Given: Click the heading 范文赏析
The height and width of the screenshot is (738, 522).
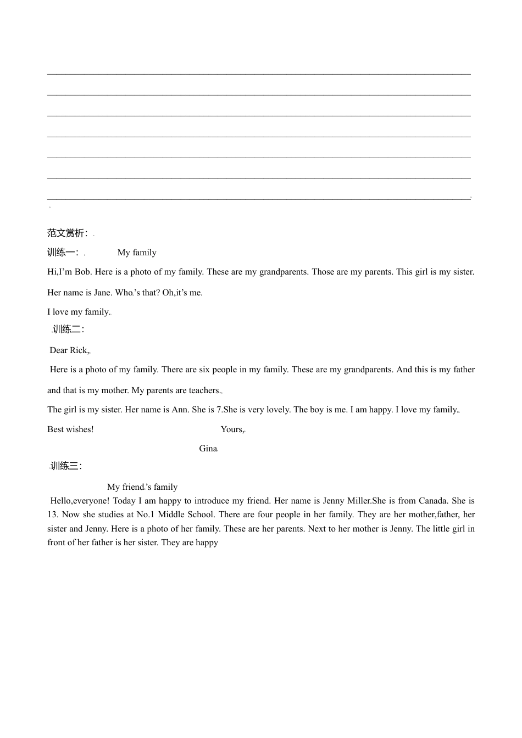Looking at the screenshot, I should tap(66, 233).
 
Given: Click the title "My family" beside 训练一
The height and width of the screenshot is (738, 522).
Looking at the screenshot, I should tap(137, 253).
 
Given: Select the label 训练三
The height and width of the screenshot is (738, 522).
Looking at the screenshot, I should tap(66, 466).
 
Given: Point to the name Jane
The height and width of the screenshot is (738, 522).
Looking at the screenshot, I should tap(102, 293).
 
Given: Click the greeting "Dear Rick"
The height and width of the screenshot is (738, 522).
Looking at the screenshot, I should tap(69, 350).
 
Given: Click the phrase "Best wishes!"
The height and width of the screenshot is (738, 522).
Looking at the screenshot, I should tap(70, 429).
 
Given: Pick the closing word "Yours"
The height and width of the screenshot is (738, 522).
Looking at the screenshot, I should tap(231, 429).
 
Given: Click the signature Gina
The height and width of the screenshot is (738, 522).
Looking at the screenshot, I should tap(208, 449).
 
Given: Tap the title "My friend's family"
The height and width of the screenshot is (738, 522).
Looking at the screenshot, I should tap(142, 487).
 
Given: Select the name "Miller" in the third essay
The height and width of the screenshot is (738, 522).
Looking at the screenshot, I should tap(359, 501).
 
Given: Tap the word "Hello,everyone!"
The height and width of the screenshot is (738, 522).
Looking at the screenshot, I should tap(80, 501).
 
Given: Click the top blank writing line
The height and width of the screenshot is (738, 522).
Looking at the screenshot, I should tap(259, 73).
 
